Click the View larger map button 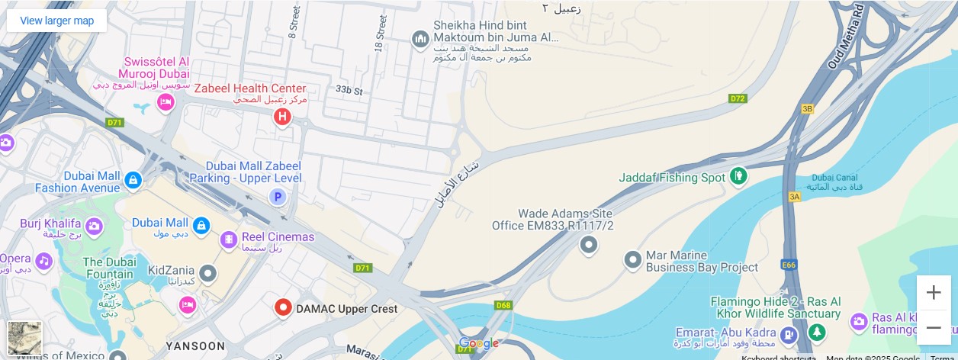click(57, 21)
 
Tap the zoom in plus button click(934, 292)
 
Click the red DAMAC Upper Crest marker click(283, 308)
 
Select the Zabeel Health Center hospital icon click(282, 117)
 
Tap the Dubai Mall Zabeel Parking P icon click(278, 198)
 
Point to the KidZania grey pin click(207, 273)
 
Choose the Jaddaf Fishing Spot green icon click(738, 177)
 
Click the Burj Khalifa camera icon click(94, 226)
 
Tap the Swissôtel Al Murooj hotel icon click(166, 102)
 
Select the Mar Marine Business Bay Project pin click(632, 260)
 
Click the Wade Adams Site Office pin click(588, 245)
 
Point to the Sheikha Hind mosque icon click(420, 39)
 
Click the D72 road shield click(737, 98)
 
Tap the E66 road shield click(789, 265)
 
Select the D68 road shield click(503, 306)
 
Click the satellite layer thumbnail click(25, 338)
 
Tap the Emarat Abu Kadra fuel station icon click(789, 334)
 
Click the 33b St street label click(349, 90)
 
